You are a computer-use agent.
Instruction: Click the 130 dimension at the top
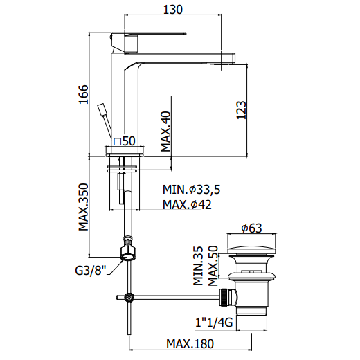point(172,10)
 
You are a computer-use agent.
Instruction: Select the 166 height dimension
point(83,94)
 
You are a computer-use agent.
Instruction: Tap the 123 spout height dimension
point(242,110)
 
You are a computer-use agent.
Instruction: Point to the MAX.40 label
point(165,132)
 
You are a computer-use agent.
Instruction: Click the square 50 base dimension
point(125,141)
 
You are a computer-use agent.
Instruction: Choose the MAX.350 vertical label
point(83,207)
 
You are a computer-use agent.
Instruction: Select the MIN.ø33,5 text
point(192,190)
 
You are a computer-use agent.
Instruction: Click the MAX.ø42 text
point(187,204)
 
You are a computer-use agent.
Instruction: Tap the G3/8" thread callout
point(91,271)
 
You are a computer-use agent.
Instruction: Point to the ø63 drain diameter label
point(251,228)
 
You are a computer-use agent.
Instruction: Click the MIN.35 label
point(198,266)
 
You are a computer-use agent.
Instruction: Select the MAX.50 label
point(213,266)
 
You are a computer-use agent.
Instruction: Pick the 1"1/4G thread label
point(214,323)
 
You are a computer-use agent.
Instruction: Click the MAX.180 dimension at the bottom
point(190,344)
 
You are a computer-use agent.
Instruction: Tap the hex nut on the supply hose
point(128,253)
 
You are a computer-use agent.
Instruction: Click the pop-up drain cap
point(252,251)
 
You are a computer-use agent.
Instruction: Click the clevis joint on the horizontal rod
point(128,298)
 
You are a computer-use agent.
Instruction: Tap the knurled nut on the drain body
point(223,298)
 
